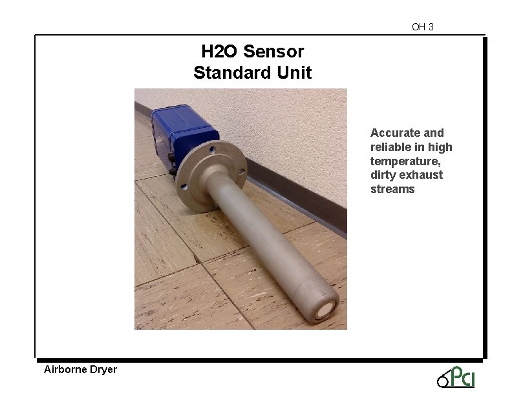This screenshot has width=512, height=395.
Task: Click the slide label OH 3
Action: pyautogui.click(x=423, y=27)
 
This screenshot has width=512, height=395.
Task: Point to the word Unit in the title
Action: pyautogui.click(x=294, y=72)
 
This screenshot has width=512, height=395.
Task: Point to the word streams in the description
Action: pyautogui.click(x=392, y=189)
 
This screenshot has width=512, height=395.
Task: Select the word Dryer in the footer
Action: pyautogui.click(x=103, y=370)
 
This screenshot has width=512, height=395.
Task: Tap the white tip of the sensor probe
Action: pyautogui.click(x=326, y=312)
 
